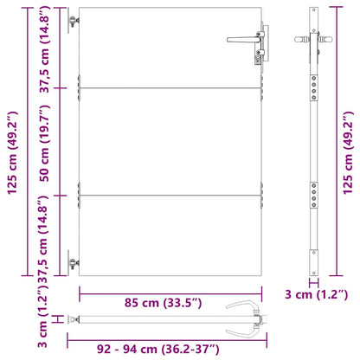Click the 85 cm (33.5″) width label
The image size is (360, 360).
(164, 303)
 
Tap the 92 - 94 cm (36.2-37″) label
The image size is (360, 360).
(158, 349)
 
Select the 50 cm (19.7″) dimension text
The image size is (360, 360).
(45, 144)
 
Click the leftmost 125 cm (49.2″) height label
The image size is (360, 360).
(13, 153)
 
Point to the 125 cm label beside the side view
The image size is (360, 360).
(348, 153)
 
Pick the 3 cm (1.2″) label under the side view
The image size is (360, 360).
(317, 294)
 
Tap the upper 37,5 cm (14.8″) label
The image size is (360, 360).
(45, 49)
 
